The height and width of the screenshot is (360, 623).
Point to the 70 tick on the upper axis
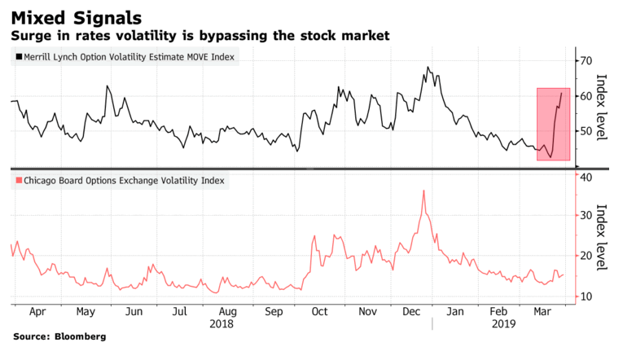point(583,61)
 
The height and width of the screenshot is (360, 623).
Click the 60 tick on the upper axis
point(583,96)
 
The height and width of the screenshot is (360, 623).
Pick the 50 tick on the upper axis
point(583,131)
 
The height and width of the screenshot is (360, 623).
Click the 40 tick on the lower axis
point(583,176)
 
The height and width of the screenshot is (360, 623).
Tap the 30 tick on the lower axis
point(583,216)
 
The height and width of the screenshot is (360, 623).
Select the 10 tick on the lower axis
point(583,296)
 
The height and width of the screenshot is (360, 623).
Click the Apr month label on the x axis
point(37,311)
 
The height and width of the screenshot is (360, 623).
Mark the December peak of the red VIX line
point(424,191)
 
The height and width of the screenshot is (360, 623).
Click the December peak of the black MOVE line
point(428,68)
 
